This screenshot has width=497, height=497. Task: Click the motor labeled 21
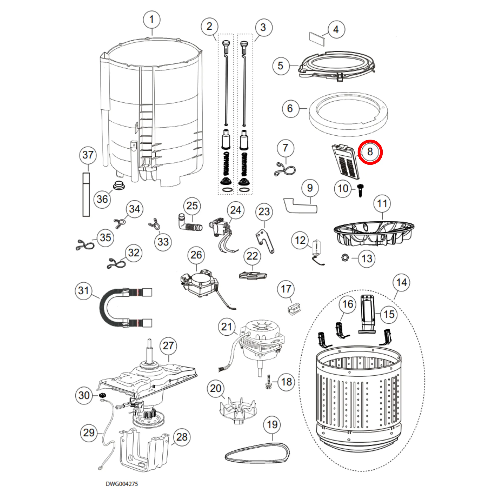tap(261, 342)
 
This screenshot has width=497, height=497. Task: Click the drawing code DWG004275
tap(122, 484)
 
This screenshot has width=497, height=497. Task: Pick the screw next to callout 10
tap(360, 190)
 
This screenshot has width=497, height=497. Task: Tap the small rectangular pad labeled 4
tap(317, 39)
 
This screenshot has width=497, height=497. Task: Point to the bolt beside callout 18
tap(269, 382)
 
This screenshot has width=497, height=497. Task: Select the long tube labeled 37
tap(86, 195)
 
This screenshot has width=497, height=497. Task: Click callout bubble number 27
tap(168, 346)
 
